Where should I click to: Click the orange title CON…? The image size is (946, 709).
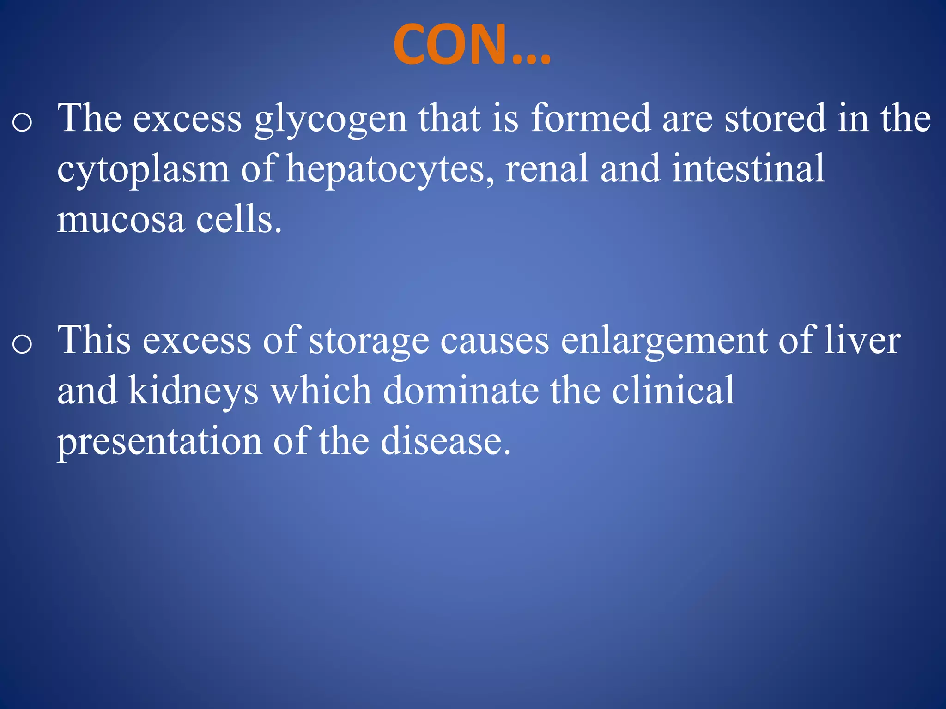click(472, 45)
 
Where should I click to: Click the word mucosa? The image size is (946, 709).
click(121, 220)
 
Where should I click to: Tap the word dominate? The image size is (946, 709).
click(461, 391)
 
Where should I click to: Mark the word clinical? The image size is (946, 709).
click(673, 391)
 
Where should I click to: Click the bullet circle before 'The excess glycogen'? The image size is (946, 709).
click(22, 123)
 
